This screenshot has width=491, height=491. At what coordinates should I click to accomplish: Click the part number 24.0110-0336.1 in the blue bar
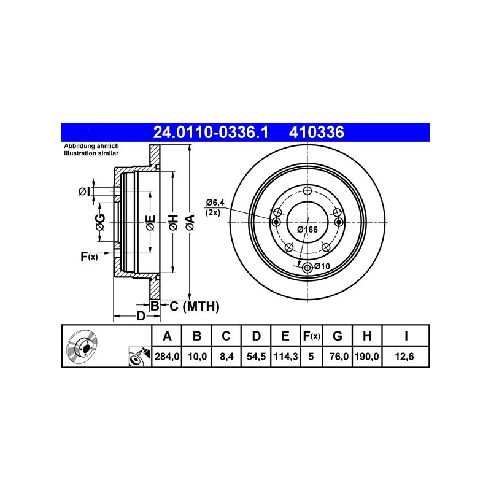click(x=211, y=132)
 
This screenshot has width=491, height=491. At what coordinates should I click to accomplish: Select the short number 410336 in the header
click(x=317, y=132)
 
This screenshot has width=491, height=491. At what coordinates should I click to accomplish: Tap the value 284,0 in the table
click(x=167, y=357)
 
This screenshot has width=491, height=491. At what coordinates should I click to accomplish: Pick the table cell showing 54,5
click(x=256, y=357)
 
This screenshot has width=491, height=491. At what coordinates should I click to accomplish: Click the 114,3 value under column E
click(x=285, y=357)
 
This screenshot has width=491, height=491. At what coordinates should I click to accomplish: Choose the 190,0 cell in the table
click(x=366, y=357)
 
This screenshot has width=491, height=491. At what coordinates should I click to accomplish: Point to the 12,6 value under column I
click(x=404, y=357)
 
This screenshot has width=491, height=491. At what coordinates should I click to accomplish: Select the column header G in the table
click(x=337, y=336)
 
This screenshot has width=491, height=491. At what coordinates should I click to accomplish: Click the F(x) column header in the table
click(x=311, y=336)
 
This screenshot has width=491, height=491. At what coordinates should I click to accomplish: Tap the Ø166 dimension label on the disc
click(x=307, y=230)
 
